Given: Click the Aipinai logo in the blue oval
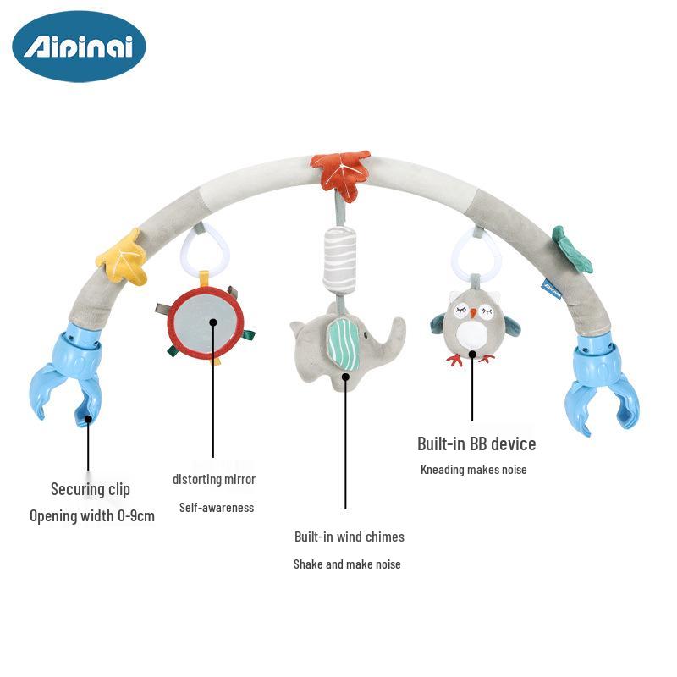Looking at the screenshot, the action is coord(79,46).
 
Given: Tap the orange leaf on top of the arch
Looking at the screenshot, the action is coord(340,172).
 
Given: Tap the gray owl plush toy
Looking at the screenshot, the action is coord(474,326).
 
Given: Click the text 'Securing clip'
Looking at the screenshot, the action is coord(91,489).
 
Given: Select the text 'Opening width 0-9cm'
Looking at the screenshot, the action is coord(92,515).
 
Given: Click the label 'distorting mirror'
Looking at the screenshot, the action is coord(214,479).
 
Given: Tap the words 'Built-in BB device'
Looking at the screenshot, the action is coord(476,443).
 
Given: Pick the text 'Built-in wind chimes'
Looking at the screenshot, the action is coord(350,537).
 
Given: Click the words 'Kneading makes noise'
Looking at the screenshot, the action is coord(474,470).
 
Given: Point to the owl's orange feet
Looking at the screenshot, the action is coord(471,359).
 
